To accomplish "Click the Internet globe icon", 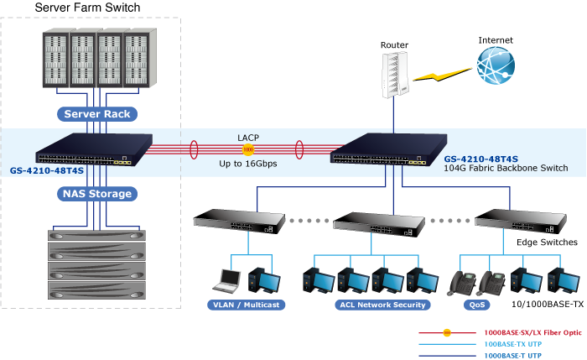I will click(x=496, y=65).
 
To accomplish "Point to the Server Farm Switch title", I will click(x=88, y=8).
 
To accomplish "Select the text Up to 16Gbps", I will click(x=248, y=164).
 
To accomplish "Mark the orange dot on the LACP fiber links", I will click(x=248, y=150).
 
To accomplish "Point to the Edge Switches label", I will click(x=547, y=243).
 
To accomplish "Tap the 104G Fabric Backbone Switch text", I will click(x=506, y=169).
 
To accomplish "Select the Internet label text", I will click(x=496, y=40).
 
